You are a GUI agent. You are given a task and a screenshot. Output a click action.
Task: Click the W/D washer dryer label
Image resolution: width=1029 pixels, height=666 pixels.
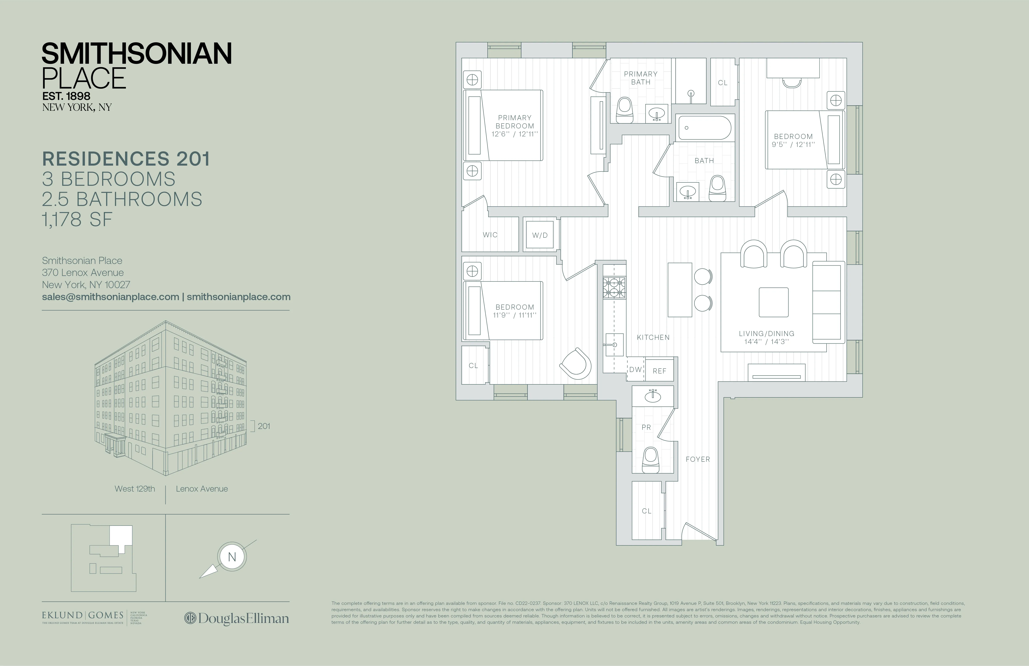pos(540,235)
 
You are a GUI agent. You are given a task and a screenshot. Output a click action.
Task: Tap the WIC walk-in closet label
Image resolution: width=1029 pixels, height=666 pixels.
pos(490,235)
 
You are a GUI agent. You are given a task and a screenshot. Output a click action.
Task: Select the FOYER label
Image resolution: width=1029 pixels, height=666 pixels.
pos(697,459)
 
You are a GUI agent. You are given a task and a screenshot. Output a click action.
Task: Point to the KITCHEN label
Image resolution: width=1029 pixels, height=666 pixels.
pos(653,337)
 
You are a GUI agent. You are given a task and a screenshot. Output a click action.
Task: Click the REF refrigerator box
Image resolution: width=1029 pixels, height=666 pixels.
pos(659,371)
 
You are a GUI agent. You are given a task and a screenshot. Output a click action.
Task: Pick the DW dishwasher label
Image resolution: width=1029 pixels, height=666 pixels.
pos(635,370)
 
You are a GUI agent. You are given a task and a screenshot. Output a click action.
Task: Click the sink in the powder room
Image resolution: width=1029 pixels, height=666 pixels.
pos(653,396)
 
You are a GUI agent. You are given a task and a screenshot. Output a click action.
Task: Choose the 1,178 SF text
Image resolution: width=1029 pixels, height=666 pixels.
pos(77,220)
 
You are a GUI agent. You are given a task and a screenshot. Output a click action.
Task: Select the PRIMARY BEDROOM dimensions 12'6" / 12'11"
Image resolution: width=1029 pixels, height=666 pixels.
pos(514,134)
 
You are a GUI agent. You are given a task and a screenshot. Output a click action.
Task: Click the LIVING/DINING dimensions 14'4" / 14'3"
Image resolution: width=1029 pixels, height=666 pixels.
pos(766,342)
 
